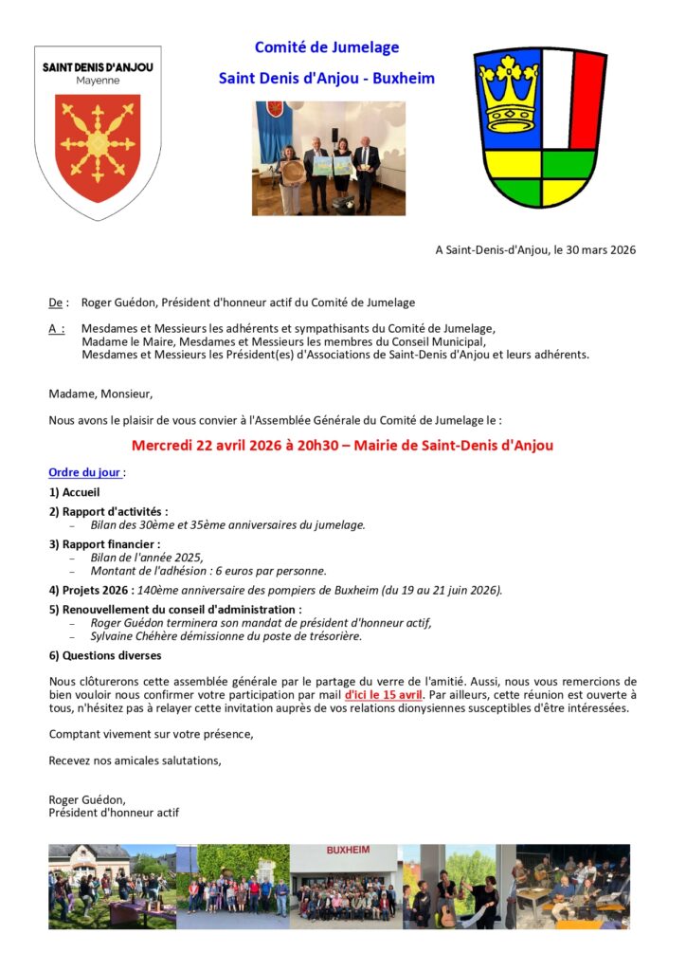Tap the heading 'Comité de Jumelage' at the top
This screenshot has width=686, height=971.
[x=327, y=47]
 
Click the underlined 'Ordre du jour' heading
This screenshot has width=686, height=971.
[x=84, y=472]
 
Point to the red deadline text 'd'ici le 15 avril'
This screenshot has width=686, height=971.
[x=383, y=695]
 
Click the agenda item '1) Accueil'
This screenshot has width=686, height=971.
[x=74, y=492]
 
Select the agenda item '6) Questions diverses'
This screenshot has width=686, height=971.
[x=104, y=655]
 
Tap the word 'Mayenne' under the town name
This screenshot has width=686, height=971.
[x=98, y=82]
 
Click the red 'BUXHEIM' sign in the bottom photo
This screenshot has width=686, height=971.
[x=348, y=850]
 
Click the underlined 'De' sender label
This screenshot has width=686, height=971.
[x=55, y=303]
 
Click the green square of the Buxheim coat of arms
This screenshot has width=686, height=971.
[x=569, y=164]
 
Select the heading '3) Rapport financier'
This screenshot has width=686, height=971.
[x=104, y=544]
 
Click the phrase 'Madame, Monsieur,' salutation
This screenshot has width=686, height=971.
[x=100, y=394]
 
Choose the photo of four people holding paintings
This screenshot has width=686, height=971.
[x=329, y=158]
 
